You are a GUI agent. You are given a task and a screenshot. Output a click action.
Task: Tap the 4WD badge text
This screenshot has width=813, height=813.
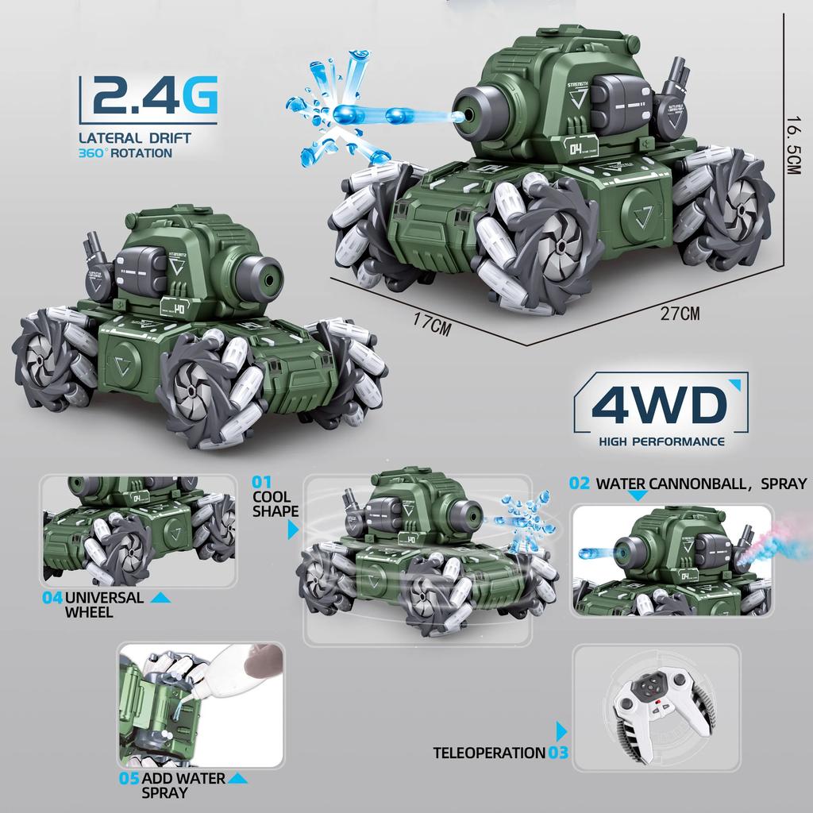(658, 405)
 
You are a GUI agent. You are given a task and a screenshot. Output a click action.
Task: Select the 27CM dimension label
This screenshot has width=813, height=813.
(680, 313)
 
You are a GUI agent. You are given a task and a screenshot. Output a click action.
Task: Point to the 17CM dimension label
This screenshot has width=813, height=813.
(432, 324)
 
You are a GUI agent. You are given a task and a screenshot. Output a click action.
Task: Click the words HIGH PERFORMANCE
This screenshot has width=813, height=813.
(661, 441)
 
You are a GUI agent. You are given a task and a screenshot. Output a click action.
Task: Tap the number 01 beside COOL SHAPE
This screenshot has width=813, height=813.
(262, 481)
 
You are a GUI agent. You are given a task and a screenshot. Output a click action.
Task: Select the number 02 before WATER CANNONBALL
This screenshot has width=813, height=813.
(580, 484)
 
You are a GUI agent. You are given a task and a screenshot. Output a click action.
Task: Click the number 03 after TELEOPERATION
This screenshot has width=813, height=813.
(558, 753)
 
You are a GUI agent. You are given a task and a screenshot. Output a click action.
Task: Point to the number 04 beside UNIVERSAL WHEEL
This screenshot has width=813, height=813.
(52, 598)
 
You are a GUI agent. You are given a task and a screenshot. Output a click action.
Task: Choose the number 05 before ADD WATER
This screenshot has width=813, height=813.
(129, 778)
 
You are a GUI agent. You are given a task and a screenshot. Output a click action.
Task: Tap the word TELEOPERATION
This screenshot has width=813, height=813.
(488, 753)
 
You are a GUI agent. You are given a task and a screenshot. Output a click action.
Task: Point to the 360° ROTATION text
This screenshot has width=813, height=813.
(125, 152)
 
